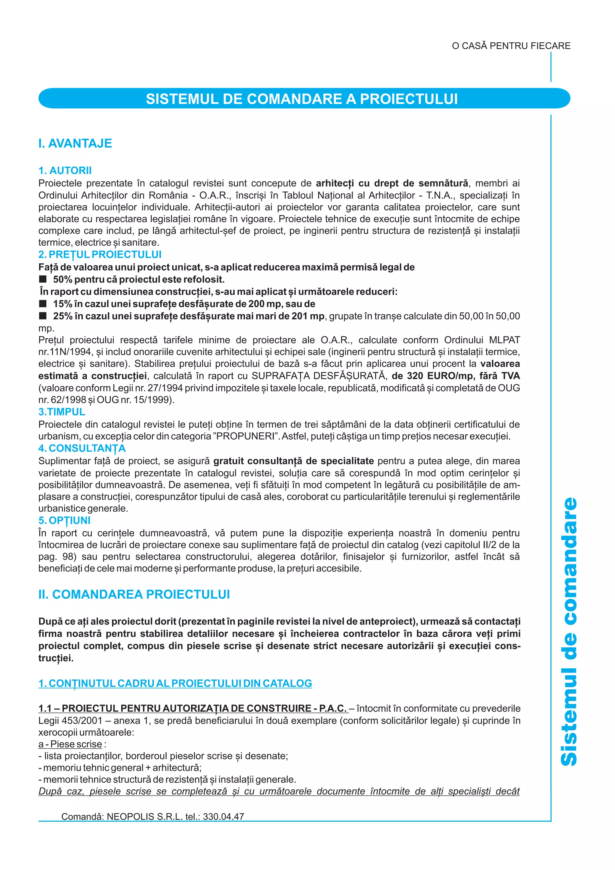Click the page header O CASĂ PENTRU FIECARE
(x=511, y=46)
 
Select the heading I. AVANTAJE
(x=75, y=143)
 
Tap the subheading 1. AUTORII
(x=65, y=171)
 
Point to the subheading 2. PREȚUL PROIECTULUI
(x=100, y=254)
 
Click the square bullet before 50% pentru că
(x=43, y=279)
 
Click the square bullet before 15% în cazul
(x=43, y=304)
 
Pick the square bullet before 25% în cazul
(x=43, y=316)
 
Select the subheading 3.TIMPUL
(x=62, y=412)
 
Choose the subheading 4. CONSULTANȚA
(x=82, y=448)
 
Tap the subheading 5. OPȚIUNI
(x=65, y=520)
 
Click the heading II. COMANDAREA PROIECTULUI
(x=134, y=594)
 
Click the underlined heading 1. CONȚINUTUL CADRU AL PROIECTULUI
(x=175, y=683)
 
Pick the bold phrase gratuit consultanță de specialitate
(x=293, y=461)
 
